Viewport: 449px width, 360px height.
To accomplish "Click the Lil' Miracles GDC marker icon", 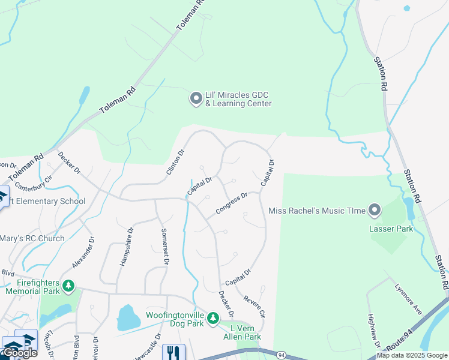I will [x=196, y=98].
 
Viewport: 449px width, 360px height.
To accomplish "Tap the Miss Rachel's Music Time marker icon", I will [x=375, y=210].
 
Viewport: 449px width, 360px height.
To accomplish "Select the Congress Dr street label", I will [x=232, y=203].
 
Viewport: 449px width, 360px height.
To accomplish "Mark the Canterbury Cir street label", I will [x=34, y=181].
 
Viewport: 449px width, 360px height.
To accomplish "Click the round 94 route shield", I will [x=281, y=355].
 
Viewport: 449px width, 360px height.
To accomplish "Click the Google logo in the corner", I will [x=20, y=353].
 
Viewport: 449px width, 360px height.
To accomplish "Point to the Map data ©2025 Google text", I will [x=412, y=355].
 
